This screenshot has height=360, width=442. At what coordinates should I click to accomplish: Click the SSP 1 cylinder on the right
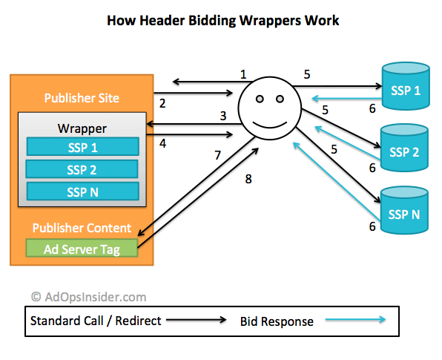click(406, 86)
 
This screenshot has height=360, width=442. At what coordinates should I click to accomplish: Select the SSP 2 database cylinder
click(404, 148)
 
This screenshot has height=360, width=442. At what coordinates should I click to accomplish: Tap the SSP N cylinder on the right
click(404, 210)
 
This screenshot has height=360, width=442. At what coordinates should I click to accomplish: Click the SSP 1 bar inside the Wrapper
click(83, 146)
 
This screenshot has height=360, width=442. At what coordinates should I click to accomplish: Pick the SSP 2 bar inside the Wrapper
click(82, 169)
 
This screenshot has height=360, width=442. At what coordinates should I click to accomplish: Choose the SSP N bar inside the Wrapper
click(83, 192)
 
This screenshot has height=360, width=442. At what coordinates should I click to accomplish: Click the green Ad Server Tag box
click(82, 248)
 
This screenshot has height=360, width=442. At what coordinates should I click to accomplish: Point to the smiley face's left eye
click(260, 99)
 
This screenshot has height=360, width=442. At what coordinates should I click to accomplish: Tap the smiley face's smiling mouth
click(270, 125)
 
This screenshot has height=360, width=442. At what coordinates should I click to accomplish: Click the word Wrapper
click(82, 128)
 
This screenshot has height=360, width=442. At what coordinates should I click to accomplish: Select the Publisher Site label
click(82, 98)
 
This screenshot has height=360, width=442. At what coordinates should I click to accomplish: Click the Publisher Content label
click(82, 228)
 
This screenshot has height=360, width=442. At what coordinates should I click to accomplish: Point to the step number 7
click(217, 155)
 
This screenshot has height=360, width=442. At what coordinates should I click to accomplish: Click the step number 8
click(248, 179)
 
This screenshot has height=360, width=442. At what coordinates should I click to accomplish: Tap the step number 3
click(223, 116)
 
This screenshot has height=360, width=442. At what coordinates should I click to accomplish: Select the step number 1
click(243, 74)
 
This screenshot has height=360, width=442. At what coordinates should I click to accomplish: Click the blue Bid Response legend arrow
click(355, 320)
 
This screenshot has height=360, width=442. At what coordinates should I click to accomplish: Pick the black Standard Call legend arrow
click(197, 320)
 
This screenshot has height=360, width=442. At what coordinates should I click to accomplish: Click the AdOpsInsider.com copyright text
click(88, 297)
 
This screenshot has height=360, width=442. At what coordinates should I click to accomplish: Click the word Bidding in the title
click(212, 22)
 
